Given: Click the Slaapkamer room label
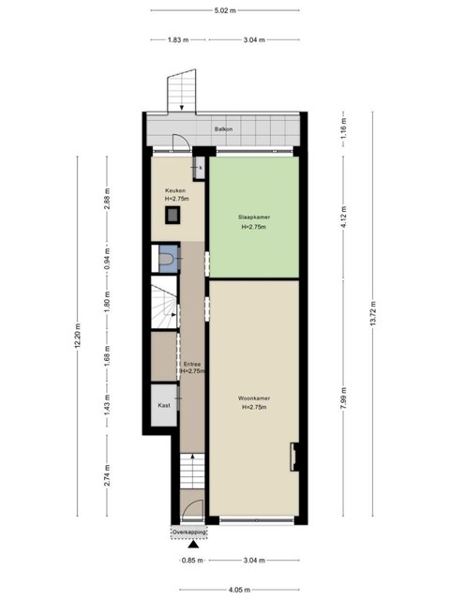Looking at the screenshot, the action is click(x=254, y=217).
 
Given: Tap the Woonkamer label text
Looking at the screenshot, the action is click(x=254, y=398).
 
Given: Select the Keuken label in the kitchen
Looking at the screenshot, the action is click(x=175, y=190).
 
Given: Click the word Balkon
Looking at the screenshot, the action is click(x=223, y=129).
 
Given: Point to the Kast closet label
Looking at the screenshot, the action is click(x=164, y=405).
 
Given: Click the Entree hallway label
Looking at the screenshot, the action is click(x=191, y=365).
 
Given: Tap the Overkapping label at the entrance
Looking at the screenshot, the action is click(x=189, y=532).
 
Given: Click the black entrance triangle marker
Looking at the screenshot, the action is click(x=193, y=545).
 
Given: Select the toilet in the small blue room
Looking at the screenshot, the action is click(x=166, y=259).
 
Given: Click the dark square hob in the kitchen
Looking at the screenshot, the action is click(x=172, y=215).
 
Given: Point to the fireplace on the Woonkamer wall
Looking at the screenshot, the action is click(x=294, y=457).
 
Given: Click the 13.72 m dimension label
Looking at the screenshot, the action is click(x=373, y=314).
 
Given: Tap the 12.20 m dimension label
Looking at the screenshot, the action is click(x=78, y=336).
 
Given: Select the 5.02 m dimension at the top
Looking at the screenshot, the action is click(x=225, y=10).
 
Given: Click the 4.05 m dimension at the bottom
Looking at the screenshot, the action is click(x=240, y=590).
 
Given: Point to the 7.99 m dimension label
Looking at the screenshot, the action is click(x=344, y=398).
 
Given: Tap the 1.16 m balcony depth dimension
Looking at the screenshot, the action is click(x=344, y=129).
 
